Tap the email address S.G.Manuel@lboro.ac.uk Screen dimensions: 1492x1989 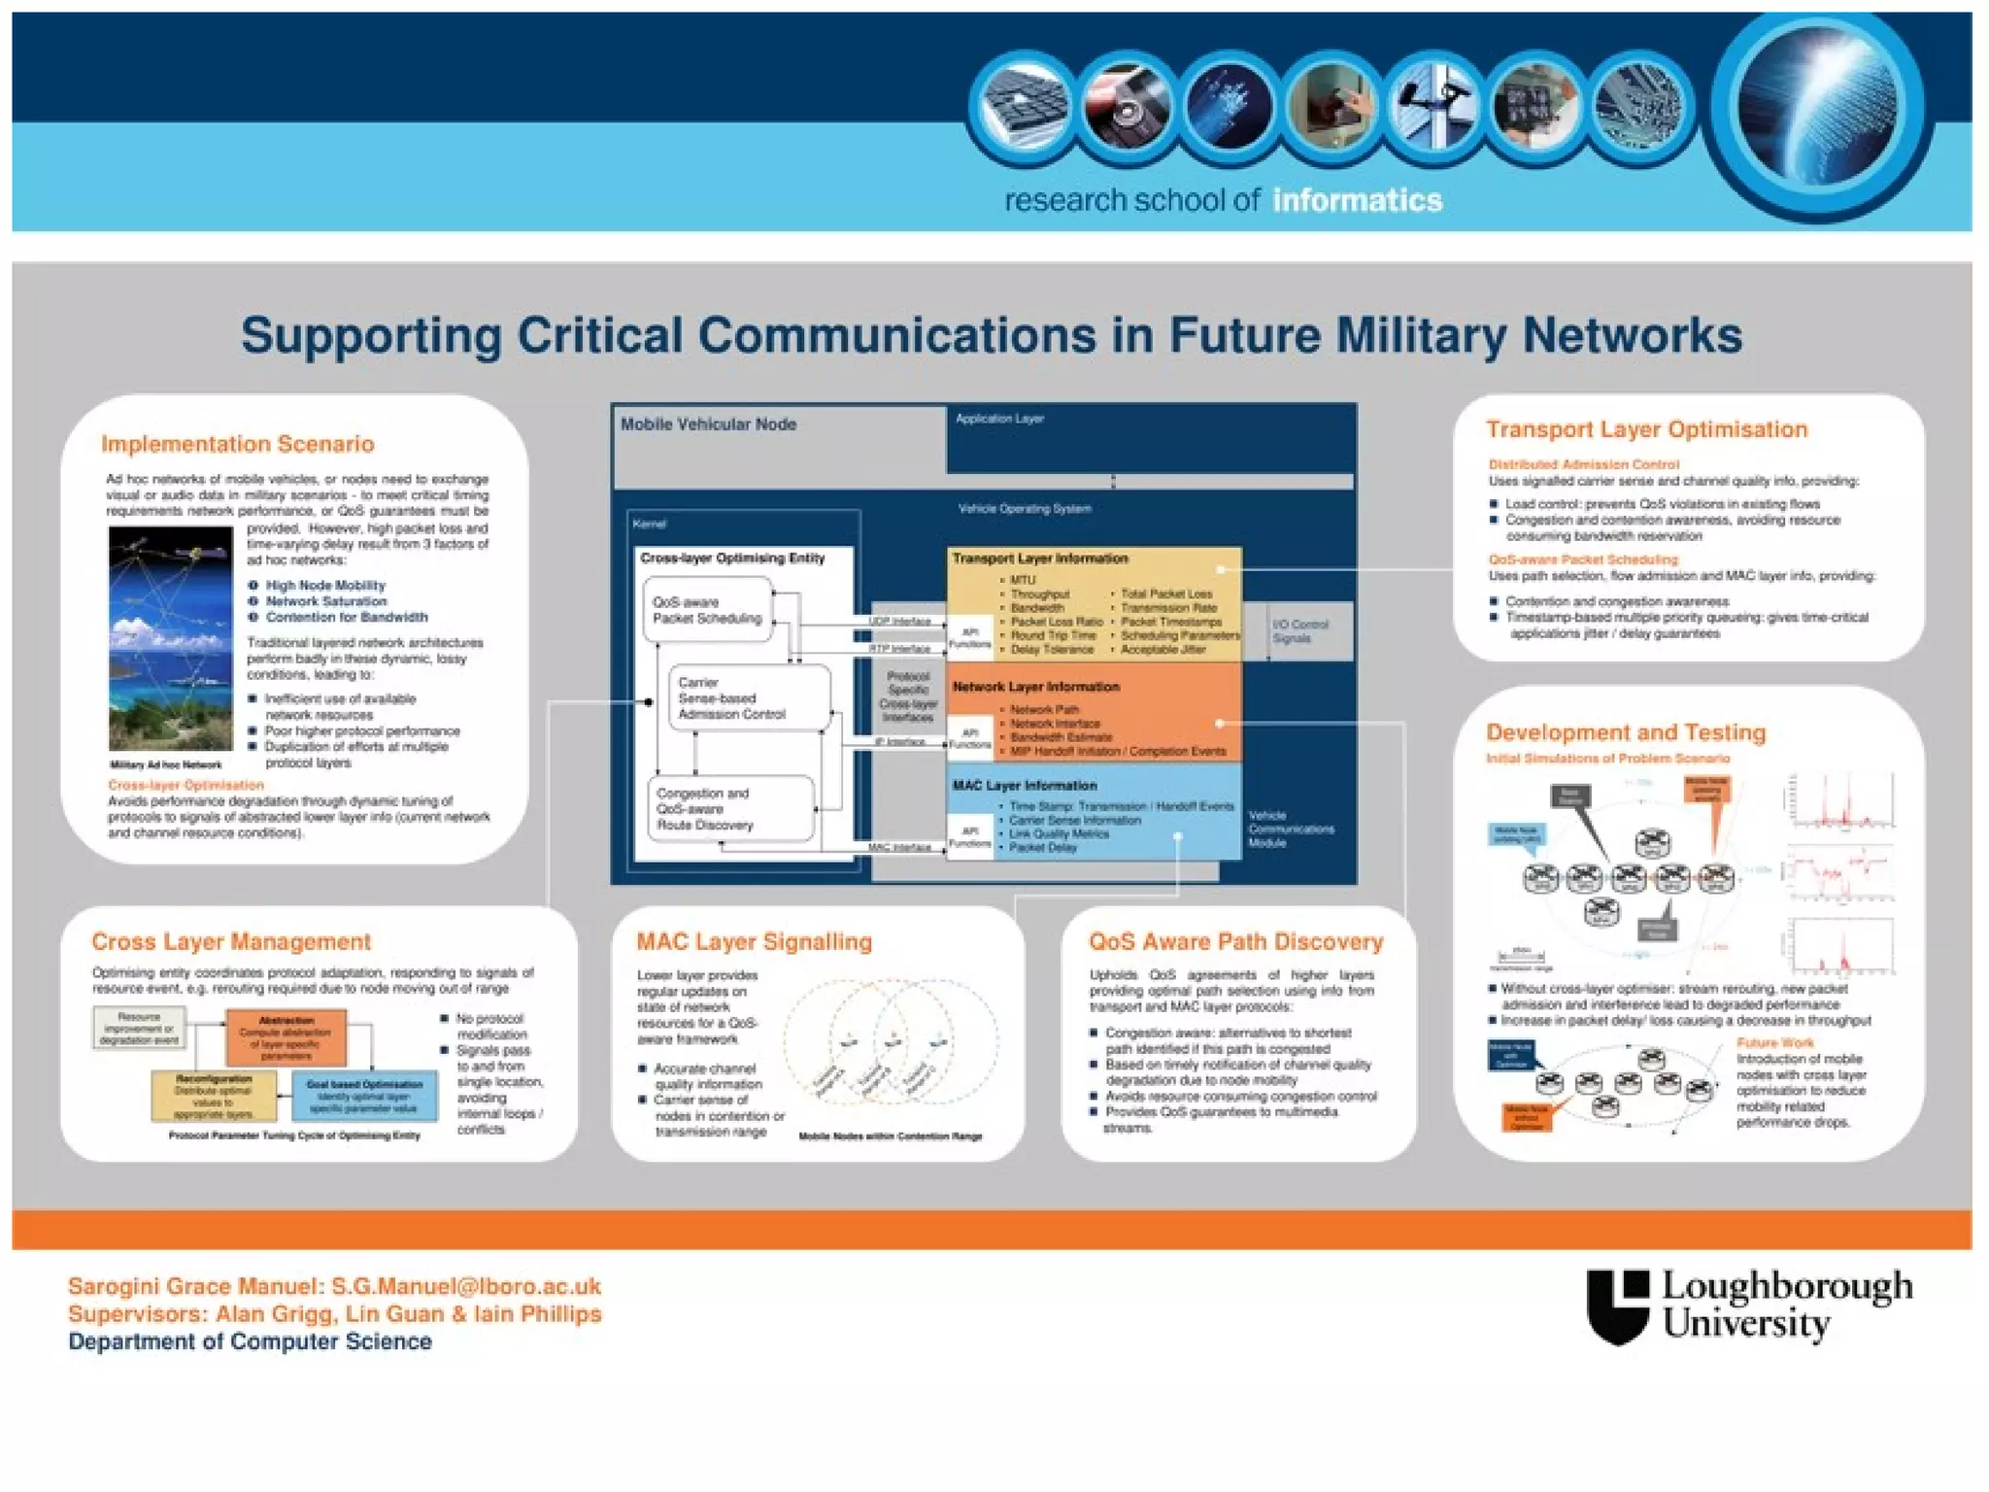pos(466,1286)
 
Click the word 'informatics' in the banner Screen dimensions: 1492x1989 pos(1357,200)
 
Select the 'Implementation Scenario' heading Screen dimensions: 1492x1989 pos(238,444)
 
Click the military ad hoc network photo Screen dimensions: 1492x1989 pos(171,637)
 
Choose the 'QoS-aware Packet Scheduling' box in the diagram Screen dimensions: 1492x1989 pos(707,610)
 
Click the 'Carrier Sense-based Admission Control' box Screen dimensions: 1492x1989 pos(748,697)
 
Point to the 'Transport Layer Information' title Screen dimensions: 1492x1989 pos(1040,559)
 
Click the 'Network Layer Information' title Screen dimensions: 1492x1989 pos(1035,687)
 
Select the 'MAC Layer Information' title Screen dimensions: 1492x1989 pos(1025,785)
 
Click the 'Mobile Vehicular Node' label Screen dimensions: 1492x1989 pos(708,424)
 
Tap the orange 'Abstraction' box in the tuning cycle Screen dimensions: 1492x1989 pos(287,1037)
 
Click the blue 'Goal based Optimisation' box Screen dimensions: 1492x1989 pos(364,1095)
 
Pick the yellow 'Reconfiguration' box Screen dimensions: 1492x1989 pos(214,1097)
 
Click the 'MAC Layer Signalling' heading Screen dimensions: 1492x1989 pos(754,941)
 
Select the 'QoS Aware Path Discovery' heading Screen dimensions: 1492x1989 pos(1235,941)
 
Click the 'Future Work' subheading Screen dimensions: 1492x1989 pos(1774,1042)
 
